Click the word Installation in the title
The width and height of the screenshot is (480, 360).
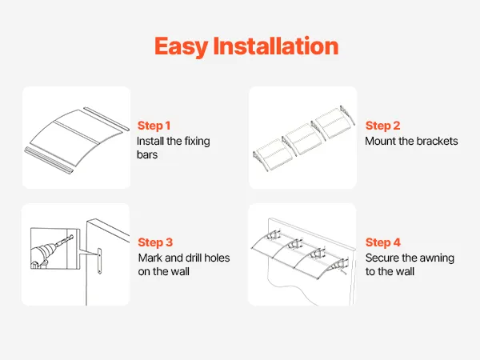point(276,46)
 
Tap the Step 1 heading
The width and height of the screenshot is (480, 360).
point(154,126)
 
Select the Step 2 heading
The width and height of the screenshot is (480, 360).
point(382,126)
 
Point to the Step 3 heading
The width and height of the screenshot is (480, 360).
point(155,242)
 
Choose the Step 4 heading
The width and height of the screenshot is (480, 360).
point(382,242)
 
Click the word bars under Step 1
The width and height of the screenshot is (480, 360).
point(147,154)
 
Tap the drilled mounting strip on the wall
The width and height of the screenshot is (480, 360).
point(99,261)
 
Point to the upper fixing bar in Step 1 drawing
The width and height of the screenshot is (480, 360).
point(106,118)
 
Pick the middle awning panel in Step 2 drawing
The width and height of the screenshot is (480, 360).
point(304,138)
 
